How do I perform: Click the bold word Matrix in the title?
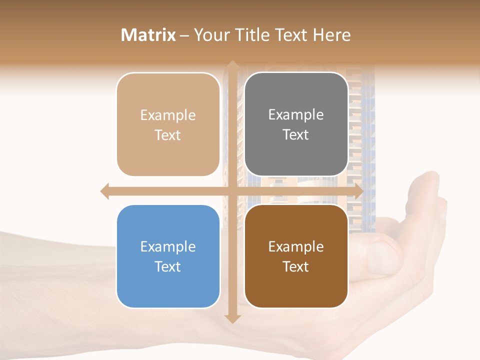click(x=148, y=35)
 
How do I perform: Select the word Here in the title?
click(x=332, y=35)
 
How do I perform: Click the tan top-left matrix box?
click(x=168, y=124)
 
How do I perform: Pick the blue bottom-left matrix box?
click(x=168, y=256)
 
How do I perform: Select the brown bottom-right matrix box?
click(x=296, y=256)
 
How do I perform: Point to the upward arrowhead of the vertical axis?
click(x=232, y=65)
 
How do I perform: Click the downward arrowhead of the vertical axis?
click(x=232, y=318)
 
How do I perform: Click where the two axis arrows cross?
click(x=232, y=191)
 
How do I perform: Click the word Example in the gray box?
click(x=296, y=114)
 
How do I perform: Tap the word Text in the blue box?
click(x=168, y=266)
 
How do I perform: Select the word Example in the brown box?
click(x=296, y=246)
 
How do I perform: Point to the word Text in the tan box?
click(x=168, y=135)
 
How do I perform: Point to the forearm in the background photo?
click(x=50, y=280)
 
